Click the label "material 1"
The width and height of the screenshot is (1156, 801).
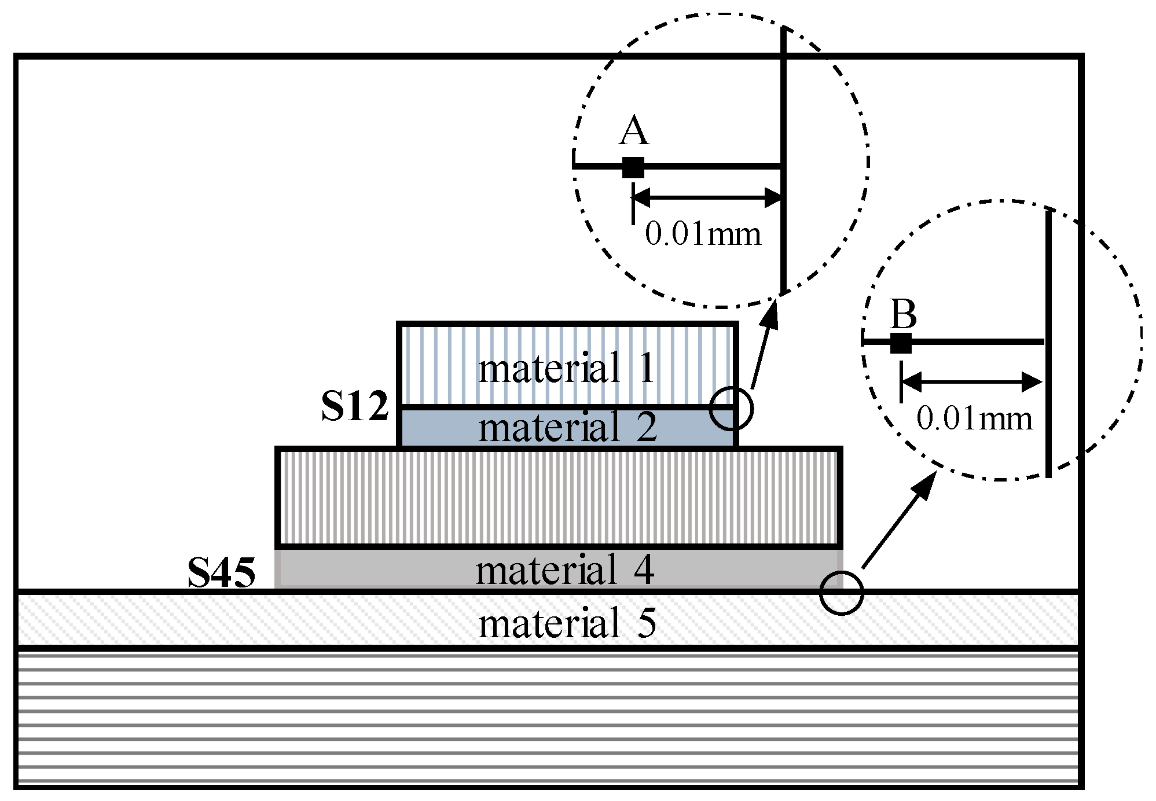click(x=566, y=368)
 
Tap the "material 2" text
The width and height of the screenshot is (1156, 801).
click(x=567, y=427)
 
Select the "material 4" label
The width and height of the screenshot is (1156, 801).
click(x=564, y=570)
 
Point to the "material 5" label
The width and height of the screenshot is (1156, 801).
click(x=567, y=624)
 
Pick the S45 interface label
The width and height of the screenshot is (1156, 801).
click(x=221, y=574)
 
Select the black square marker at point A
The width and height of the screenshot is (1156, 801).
click(x=633, y=167)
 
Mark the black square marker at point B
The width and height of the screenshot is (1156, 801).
click(x=901, y=343)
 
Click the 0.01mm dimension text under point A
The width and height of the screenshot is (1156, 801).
click(x=703, y=234)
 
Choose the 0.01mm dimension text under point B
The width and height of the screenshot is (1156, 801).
click(x=974, y=418)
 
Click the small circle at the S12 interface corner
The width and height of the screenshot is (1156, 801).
click(x=731, y=409)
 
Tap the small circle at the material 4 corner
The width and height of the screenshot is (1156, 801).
click(x=841, y=593)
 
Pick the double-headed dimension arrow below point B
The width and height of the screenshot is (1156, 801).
click(x=972, y=382)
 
